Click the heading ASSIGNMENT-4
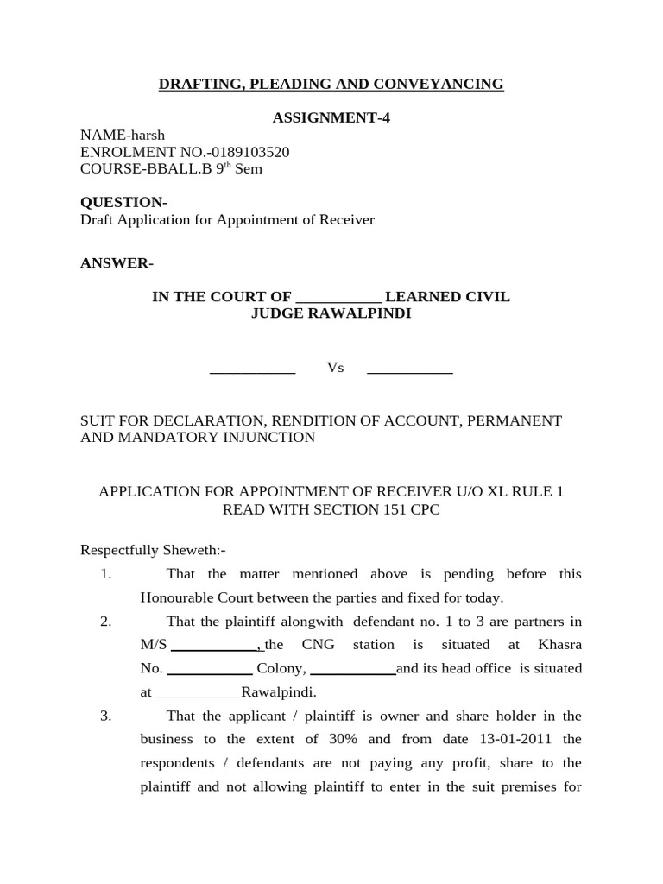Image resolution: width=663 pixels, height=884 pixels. [x=331, y=117]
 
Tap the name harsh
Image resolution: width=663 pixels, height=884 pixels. [x=148, y=135]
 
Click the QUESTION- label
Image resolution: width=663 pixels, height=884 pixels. [x=123, y=202]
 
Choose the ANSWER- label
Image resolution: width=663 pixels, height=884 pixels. [x=117, y=263]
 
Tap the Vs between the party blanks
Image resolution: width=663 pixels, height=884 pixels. [x=335, y=368]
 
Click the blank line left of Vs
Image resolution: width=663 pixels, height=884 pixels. [x=253, y=372]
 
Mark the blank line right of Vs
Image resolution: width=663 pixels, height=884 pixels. [x=410, y=372]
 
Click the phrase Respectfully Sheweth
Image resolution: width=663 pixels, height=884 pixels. [x=151, y=550]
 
